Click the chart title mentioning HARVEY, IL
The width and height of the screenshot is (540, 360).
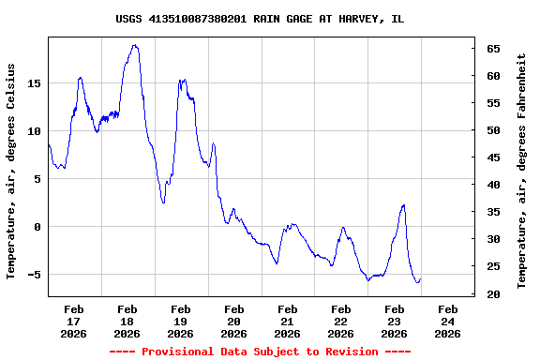260,19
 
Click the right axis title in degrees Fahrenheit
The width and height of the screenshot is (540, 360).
522,172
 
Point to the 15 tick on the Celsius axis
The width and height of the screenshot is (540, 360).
35,83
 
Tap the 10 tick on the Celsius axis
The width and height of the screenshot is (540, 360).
35,131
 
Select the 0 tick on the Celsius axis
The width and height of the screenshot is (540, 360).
37,227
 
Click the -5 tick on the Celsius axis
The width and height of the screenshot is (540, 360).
35,275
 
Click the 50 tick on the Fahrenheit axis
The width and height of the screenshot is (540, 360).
492,130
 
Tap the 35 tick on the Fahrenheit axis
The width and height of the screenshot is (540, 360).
492,212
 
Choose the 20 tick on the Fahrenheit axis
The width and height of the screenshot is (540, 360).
492,294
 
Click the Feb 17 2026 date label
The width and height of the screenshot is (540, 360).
73,321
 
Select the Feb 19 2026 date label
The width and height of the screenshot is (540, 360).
180,321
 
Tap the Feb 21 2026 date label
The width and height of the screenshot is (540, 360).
287,321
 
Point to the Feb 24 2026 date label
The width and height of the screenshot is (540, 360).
447,321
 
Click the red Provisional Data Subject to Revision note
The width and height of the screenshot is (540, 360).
260,352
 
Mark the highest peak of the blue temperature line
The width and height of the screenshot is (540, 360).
135,45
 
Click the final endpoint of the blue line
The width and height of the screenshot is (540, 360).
420,278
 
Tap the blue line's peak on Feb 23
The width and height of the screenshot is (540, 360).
403,205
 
